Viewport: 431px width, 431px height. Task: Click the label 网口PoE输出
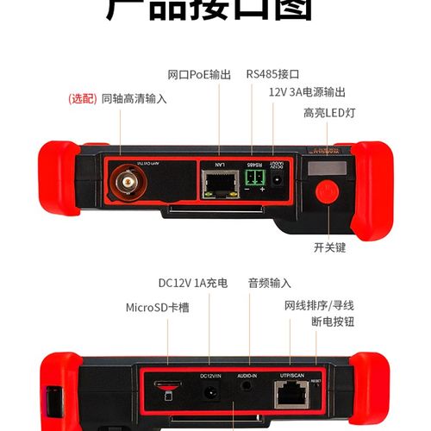coord(199,75)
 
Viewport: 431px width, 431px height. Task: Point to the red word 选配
coord(83,99)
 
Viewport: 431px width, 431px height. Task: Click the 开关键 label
coord(328,247)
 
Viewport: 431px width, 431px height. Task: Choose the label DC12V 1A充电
coord(192,283)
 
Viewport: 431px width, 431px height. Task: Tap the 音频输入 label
coord(269,283)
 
